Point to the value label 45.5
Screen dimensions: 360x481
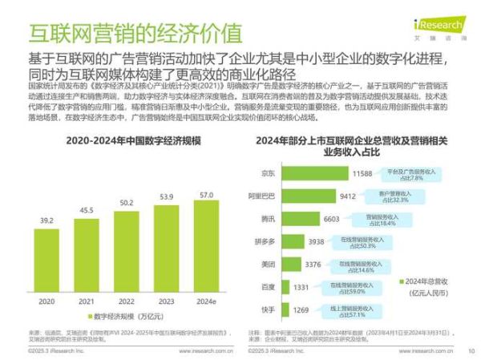coord(87,210)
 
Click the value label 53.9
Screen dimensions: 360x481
coord(167,196)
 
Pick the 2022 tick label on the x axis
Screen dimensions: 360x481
coord(127,302)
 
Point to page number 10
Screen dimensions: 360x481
coord(470,351)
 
